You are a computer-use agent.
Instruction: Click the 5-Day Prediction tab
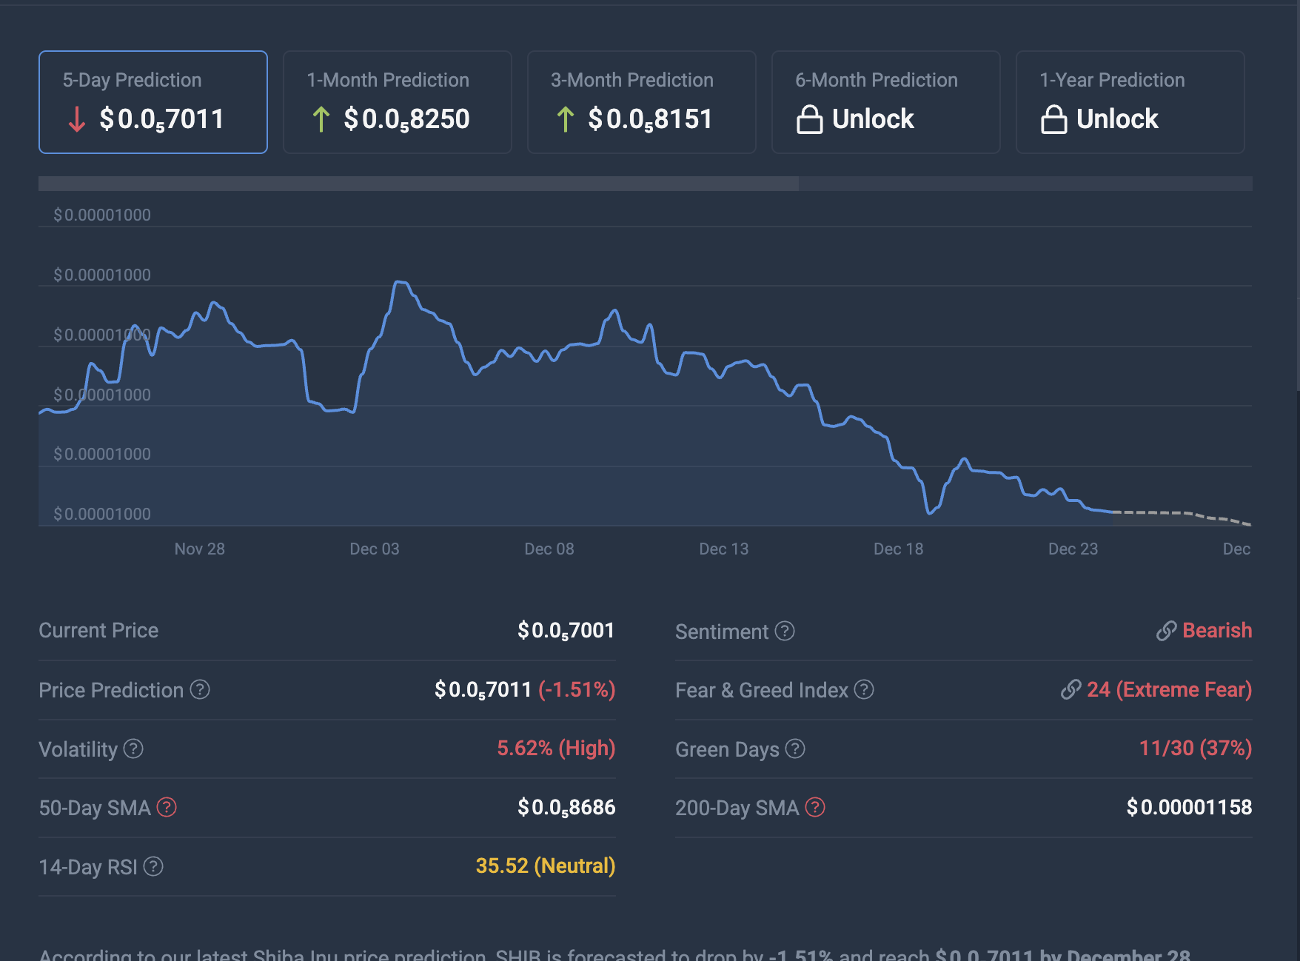pos(153,102)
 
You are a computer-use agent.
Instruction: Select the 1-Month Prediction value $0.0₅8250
pos(406,119)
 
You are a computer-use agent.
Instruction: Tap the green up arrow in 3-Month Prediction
pos(566,119)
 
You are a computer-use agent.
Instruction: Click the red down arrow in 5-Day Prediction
pos(76,119)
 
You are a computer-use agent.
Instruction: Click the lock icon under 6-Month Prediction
pos(809,119)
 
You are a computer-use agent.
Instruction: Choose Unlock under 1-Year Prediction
pos(1116,119)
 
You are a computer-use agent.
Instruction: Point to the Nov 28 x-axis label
pos(199,549)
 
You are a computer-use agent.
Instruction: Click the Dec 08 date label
pos(549,549)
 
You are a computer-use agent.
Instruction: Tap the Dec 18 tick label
pos(898,549)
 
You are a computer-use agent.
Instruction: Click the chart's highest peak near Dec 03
pos(400,282)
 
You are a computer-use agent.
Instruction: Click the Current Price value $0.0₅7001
pos(566,631)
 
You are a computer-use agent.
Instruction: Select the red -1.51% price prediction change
pos(577,690)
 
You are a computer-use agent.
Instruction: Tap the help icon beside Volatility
pos(133,749)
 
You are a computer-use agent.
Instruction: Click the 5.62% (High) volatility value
pos(556,749)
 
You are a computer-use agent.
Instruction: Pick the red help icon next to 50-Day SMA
pos(167,807)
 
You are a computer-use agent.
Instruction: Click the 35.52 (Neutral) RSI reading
pos(545,866)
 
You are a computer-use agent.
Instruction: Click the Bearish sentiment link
pos(1216,631)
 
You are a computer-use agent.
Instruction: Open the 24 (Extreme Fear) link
pos(1168,690)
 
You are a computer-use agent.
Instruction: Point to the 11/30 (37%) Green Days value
pos(1195,749)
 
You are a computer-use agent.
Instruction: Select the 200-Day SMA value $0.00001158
pos(1189,807)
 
